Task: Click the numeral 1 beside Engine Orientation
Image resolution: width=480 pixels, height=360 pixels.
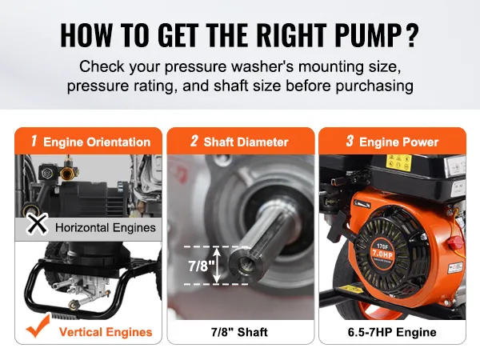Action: (34, 141)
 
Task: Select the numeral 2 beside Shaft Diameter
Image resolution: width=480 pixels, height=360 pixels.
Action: (194, 141)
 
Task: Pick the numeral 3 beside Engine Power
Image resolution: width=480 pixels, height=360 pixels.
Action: (350, 141)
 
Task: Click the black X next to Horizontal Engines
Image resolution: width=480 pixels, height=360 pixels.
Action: (37, 224)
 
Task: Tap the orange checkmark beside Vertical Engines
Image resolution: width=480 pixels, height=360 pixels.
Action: (38, 326)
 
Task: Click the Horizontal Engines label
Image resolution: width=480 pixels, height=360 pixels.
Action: (106, 228)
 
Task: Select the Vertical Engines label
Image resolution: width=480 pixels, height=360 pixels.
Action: (106, 332)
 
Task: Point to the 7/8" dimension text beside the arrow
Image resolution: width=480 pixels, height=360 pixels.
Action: (199, 265)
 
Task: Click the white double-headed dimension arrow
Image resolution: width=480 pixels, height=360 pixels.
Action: (217, 266)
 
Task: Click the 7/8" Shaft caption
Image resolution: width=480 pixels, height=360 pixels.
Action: (239, 332)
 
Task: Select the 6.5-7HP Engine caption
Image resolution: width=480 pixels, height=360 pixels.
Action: (392, 332)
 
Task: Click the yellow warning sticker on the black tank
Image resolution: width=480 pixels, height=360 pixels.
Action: (398, 162)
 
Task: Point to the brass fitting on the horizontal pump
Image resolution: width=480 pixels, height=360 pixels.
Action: (66, 172)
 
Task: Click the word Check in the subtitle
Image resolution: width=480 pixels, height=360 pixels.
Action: (102, 66)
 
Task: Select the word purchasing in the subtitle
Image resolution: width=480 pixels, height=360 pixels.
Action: (374, 86)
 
